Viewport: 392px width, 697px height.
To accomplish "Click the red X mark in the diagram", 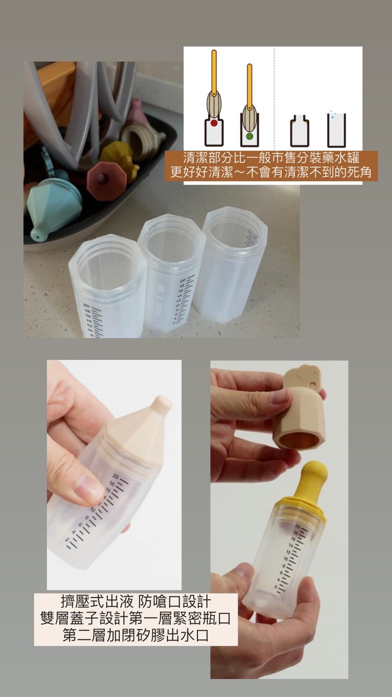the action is tap(214, 123).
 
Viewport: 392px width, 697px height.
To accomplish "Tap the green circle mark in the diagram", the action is tap(250, 136).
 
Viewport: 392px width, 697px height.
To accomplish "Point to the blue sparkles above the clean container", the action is tap(332, 115).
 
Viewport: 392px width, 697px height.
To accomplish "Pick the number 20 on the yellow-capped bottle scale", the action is tap(297, 527).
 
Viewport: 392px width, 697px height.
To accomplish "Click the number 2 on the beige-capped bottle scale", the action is tap(67, 540).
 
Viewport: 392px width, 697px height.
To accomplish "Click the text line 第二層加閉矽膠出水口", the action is tap(136, 635).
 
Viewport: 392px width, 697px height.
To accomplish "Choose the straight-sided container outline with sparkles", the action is tap(336, 130).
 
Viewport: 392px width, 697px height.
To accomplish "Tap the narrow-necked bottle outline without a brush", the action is tap(299, 130).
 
